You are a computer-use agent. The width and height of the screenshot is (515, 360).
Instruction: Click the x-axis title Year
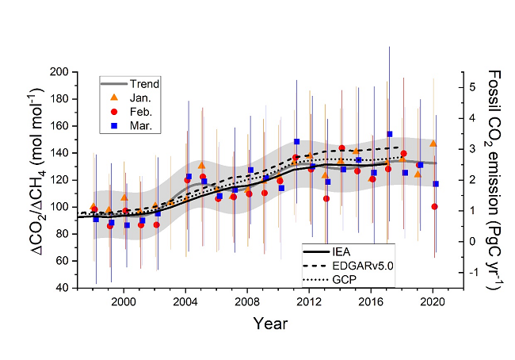click(x=271, y=324)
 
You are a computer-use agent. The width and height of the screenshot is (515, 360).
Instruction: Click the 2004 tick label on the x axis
click(x=185, y=301)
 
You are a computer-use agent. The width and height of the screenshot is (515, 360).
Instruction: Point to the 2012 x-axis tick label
click(x=309, y=301)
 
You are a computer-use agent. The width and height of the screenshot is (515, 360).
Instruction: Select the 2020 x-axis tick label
click(x=433, y=301)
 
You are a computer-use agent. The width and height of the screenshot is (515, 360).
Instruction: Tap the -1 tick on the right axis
click(x=474, y=272)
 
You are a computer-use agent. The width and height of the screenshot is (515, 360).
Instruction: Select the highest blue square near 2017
click(x=390, y=134)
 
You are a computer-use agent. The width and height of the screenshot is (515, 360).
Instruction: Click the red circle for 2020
click(x=434, y=207)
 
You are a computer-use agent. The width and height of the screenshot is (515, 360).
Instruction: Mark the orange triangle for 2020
click(x=433, y=144)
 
